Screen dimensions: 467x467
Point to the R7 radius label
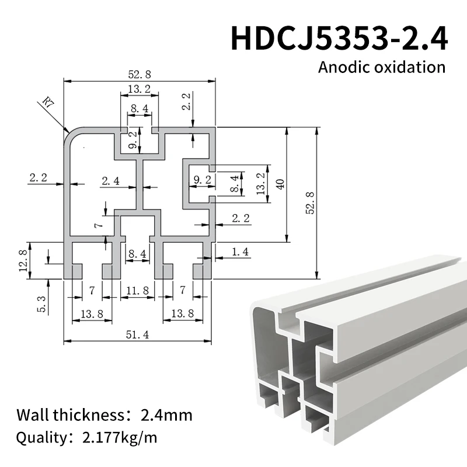pyautogui.click(x=47, y=104)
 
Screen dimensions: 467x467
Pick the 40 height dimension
pyautogui.click(x=281, y=184)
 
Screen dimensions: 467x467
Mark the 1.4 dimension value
pyautogui.click(x=241, y=252)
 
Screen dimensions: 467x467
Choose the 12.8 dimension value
pyautogui.click(x=23, y=260)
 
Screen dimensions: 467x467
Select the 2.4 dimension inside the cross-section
pyautogui.click(x=110, y=181)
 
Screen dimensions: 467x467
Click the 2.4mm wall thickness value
pyautogui.click(x=166, y=416)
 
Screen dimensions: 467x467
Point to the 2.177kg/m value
pyautogui.click(x=120, y=437)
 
